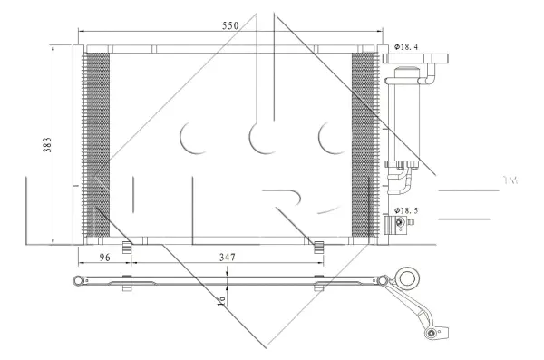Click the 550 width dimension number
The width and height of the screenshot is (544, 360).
pos(229,26)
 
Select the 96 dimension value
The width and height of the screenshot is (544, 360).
pos(103,258)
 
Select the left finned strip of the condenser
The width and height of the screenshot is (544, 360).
pos(96,142)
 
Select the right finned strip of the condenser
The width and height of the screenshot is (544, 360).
pos(363,142)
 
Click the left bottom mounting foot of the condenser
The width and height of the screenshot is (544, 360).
pos(128,245)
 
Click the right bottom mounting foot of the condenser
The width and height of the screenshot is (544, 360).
pos(318,245)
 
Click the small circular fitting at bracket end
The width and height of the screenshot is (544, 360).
pos(432,336)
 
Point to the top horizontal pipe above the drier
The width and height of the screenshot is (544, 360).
pos(413,61)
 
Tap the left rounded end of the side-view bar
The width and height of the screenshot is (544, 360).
pos(76,280)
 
